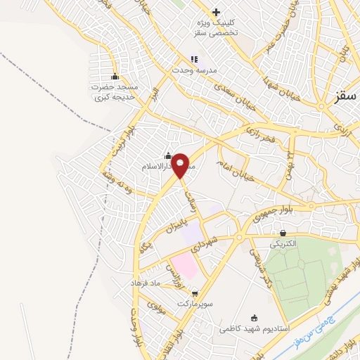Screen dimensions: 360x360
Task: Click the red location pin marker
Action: [181, 166]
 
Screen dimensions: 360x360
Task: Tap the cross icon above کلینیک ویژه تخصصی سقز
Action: [216, 12]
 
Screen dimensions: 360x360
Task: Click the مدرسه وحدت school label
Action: [191, 72]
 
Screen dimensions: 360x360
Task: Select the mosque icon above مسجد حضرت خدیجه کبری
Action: [115, 77]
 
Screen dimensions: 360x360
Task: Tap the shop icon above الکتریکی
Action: [283, 233]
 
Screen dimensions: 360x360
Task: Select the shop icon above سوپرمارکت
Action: [194, 293]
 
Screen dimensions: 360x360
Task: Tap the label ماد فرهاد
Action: [146, 282]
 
